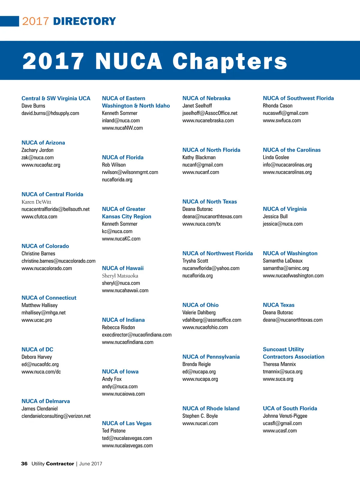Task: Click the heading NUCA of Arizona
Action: (43, 143)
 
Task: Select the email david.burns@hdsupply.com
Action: (50, 113)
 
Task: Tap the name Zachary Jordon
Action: (37, 150)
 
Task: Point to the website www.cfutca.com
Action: (39, 217)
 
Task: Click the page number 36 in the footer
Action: (24, 464)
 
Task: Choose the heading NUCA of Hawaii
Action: (123, 268)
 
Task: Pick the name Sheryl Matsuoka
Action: (120, 276)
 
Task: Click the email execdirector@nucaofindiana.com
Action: (137, 335)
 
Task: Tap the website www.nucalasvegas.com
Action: (127, 446)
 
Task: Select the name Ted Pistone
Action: (114, 431)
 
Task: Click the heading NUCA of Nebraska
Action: (206, 98)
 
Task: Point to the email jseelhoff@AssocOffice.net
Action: (210, 113)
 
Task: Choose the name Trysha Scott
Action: (195, 261)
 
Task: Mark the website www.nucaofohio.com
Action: (205, 327)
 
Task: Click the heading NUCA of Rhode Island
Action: (211, 408)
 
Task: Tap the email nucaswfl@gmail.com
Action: (285, 113)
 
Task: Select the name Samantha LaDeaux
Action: (283, 261)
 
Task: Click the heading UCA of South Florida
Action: (290, 408)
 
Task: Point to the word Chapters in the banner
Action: (230, 61)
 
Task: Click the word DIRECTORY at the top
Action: (84, 21)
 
